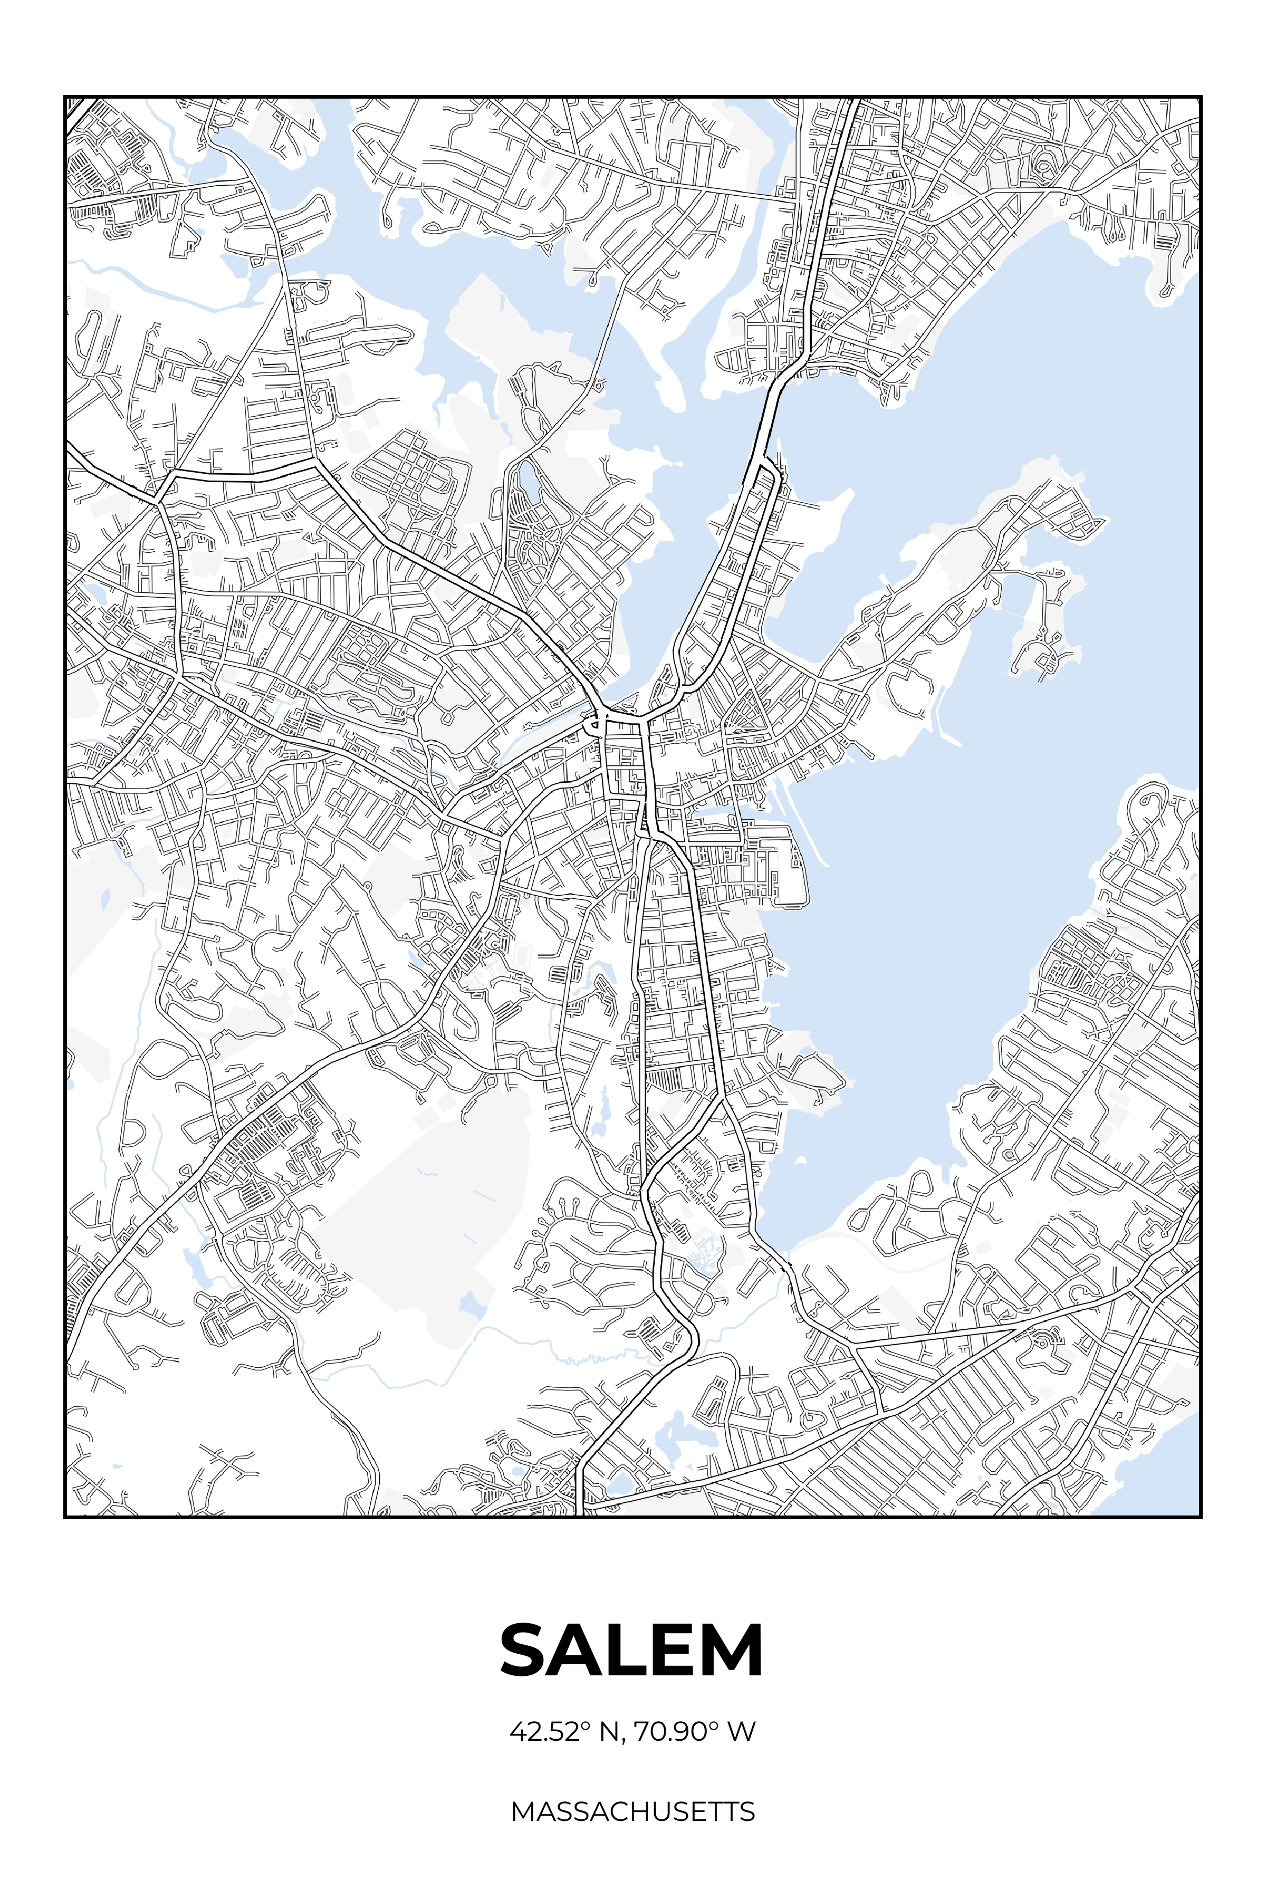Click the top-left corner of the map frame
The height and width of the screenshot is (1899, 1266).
(x=65, y=97)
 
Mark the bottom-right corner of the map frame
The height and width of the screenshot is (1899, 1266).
(x=1201, y=1516)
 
